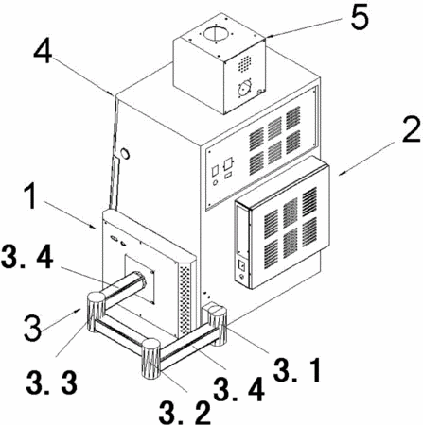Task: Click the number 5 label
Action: click(360, 17)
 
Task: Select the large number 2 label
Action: click(411, 128)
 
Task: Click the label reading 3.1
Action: click(297, 369)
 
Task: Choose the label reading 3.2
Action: click(185, 412)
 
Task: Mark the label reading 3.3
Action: click(52, 382)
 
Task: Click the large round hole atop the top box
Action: click(215, 33)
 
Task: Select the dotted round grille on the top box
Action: click(244, 64)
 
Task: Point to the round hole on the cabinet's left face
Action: click(126, 153)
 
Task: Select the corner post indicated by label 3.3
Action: click(96, 312)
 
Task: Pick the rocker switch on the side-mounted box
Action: click(241, 265)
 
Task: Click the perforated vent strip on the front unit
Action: click(185, 299)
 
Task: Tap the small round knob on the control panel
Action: click(216, 182)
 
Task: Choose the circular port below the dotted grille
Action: click(245, 89)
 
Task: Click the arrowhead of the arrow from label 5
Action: click(268, 37)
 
